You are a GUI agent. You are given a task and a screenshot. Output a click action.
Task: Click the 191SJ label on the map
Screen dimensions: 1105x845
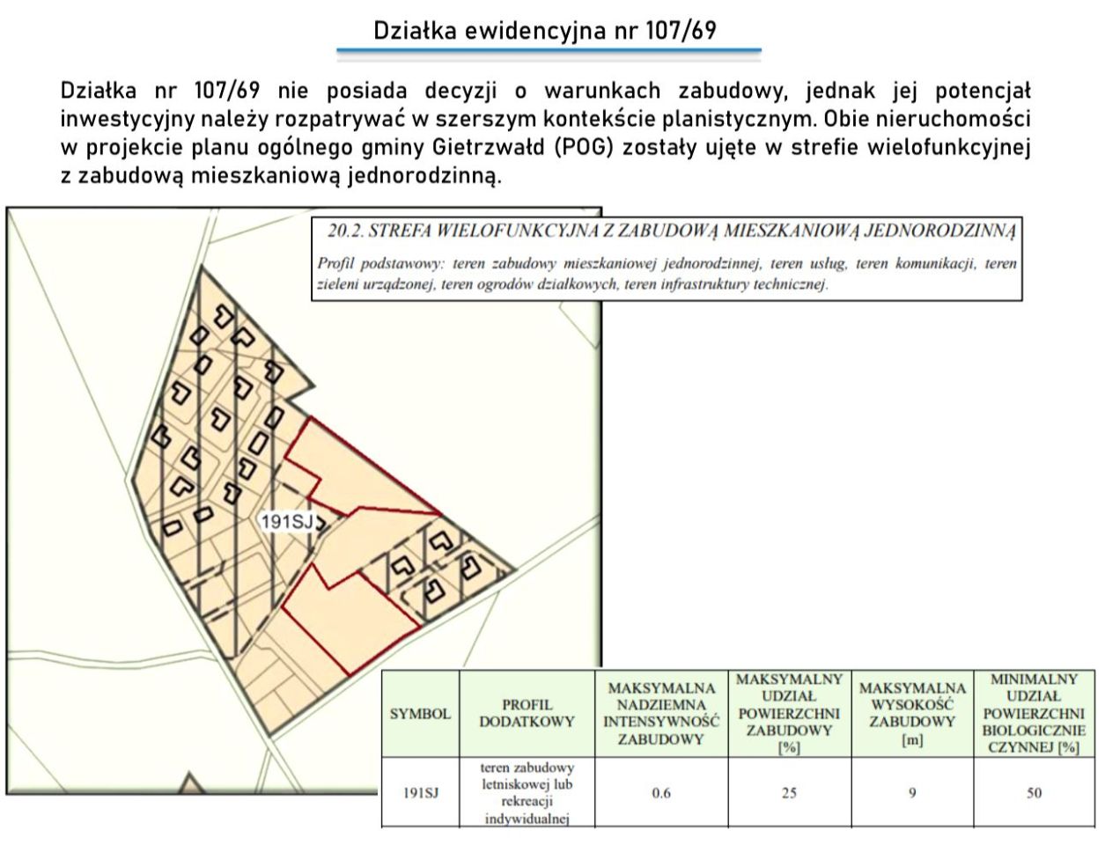[287, 522]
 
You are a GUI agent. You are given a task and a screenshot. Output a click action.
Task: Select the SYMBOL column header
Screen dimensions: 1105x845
[420, 714]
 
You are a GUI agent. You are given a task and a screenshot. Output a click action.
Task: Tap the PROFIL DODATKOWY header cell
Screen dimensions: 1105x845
[527, 713]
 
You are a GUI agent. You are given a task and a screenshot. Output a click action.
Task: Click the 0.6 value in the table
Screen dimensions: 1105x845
[661, 794]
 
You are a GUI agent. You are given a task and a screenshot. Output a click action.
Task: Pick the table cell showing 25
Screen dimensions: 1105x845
[789, 794]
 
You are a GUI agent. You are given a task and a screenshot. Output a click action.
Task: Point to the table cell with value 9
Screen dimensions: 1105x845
[911, 794]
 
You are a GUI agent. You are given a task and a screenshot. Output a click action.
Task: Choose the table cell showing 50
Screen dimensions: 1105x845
[1034, 794]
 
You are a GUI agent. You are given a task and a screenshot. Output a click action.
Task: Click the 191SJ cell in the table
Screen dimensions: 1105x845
[420, 794]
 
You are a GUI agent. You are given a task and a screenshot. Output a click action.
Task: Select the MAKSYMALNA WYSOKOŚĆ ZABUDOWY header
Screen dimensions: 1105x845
[911, 714]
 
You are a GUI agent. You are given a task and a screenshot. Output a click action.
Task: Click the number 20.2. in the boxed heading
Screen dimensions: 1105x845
[345, 231]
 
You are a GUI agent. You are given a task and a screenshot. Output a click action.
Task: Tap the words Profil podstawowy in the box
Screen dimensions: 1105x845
[378, 263]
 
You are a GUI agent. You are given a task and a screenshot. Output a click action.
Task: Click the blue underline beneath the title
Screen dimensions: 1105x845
[549, 50]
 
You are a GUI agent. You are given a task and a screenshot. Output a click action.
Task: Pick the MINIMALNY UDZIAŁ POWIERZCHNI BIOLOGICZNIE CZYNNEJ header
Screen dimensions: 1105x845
[1034, 713]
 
